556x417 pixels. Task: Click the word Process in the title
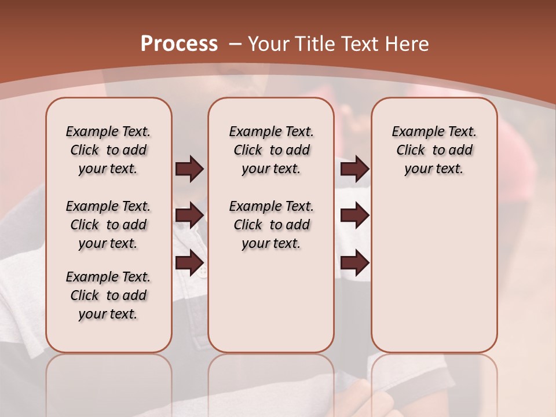point(179,43)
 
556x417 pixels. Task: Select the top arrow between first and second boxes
point(189,169)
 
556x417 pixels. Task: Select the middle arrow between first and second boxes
point(189,215)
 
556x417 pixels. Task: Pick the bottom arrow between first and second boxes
point(189,263)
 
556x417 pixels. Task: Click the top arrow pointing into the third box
point(354,169)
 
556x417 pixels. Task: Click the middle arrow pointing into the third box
point(354,215)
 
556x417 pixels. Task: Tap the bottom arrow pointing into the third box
point(354,263)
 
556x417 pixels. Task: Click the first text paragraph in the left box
point(108,150)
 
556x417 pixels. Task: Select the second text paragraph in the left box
point(108,225)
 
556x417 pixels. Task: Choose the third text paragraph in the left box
point(108,295)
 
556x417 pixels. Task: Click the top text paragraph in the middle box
point(271,150)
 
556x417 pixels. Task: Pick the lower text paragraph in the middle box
point(271,225)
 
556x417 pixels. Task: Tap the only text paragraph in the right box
point(434,150)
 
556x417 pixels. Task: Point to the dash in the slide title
point(235,43)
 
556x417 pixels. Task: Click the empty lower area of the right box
point(434,278)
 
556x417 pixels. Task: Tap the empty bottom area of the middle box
point(271,307)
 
